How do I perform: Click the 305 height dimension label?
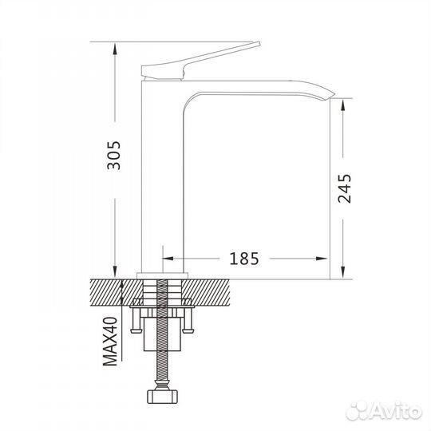[x=114, y=156]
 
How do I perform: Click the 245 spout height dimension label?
[x=345, y=188]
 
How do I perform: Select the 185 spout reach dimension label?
[x=244, y=259]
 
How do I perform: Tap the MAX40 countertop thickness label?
[x=110, y=341]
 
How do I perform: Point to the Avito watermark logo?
[x=384, y=412]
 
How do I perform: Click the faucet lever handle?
[x=200, y=61]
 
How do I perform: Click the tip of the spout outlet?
[x=334, y=95]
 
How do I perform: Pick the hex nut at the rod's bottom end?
[x=164, y=397]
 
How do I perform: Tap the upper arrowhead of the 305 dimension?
[x=115, y=49]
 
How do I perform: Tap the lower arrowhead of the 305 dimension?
[x=115, y=271]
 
